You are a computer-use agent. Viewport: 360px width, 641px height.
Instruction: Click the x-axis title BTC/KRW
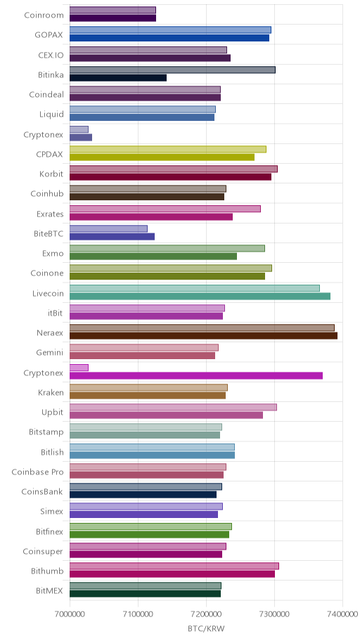coord(206,628)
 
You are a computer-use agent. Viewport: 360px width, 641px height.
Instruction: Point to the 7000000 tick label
coord(70,614)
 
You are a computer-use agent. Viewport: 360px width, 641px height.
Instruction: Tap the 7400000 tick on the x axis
coord(342,614)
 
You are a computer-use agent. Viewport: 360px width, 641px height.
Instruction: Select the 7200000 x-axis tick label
coord(206,614)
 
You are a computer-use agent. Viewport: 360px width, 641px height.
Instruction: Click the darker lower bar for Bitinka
coord(118,78)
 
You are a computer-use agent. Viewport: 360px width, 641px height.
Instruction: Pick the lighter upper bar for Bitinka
coord(172,70)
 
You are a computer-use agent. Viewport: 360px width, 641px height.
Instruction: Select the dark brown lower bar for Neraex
coord(203,336)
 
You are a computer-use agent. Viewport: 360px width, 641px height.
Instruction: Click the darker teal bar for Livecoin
coord(200,296)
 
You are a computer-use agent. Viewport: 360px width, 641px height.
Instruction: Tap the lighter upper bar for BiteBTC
coord(108,228)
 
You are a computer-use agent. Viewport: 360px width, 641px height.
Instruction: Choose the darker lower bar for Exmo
coord(153,257)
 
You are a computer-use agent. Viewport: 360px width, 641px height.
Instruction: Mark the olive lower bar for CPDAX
coord(162,157)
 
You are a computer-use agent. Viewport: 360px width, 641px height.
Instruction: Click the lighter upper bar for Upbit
coord(173,407)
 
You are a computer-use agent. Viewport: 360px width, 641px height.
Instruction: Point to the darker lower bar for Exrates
coord(151,216)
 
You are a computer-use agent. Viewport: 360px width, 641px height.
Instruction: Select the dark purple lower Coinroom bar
coord(112,18)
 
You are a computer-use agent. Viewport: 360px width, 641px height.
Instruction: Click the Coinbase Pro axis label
coord(38,472)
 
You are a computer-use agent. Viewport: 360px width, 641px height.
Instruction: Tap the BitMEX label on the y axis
coord(49,591)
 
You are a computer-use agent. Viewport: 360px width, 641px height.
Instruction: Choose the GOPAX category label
coord(49,35)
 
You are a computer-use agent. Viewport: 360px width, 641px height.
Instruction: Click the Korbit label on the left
coord(51,174)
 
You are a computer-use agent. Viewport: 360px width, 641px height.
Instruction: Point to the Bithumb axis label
coord(47,571)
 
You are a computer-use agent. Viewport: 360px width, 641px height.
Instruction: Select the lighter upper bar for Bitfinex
coord(150,526)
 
